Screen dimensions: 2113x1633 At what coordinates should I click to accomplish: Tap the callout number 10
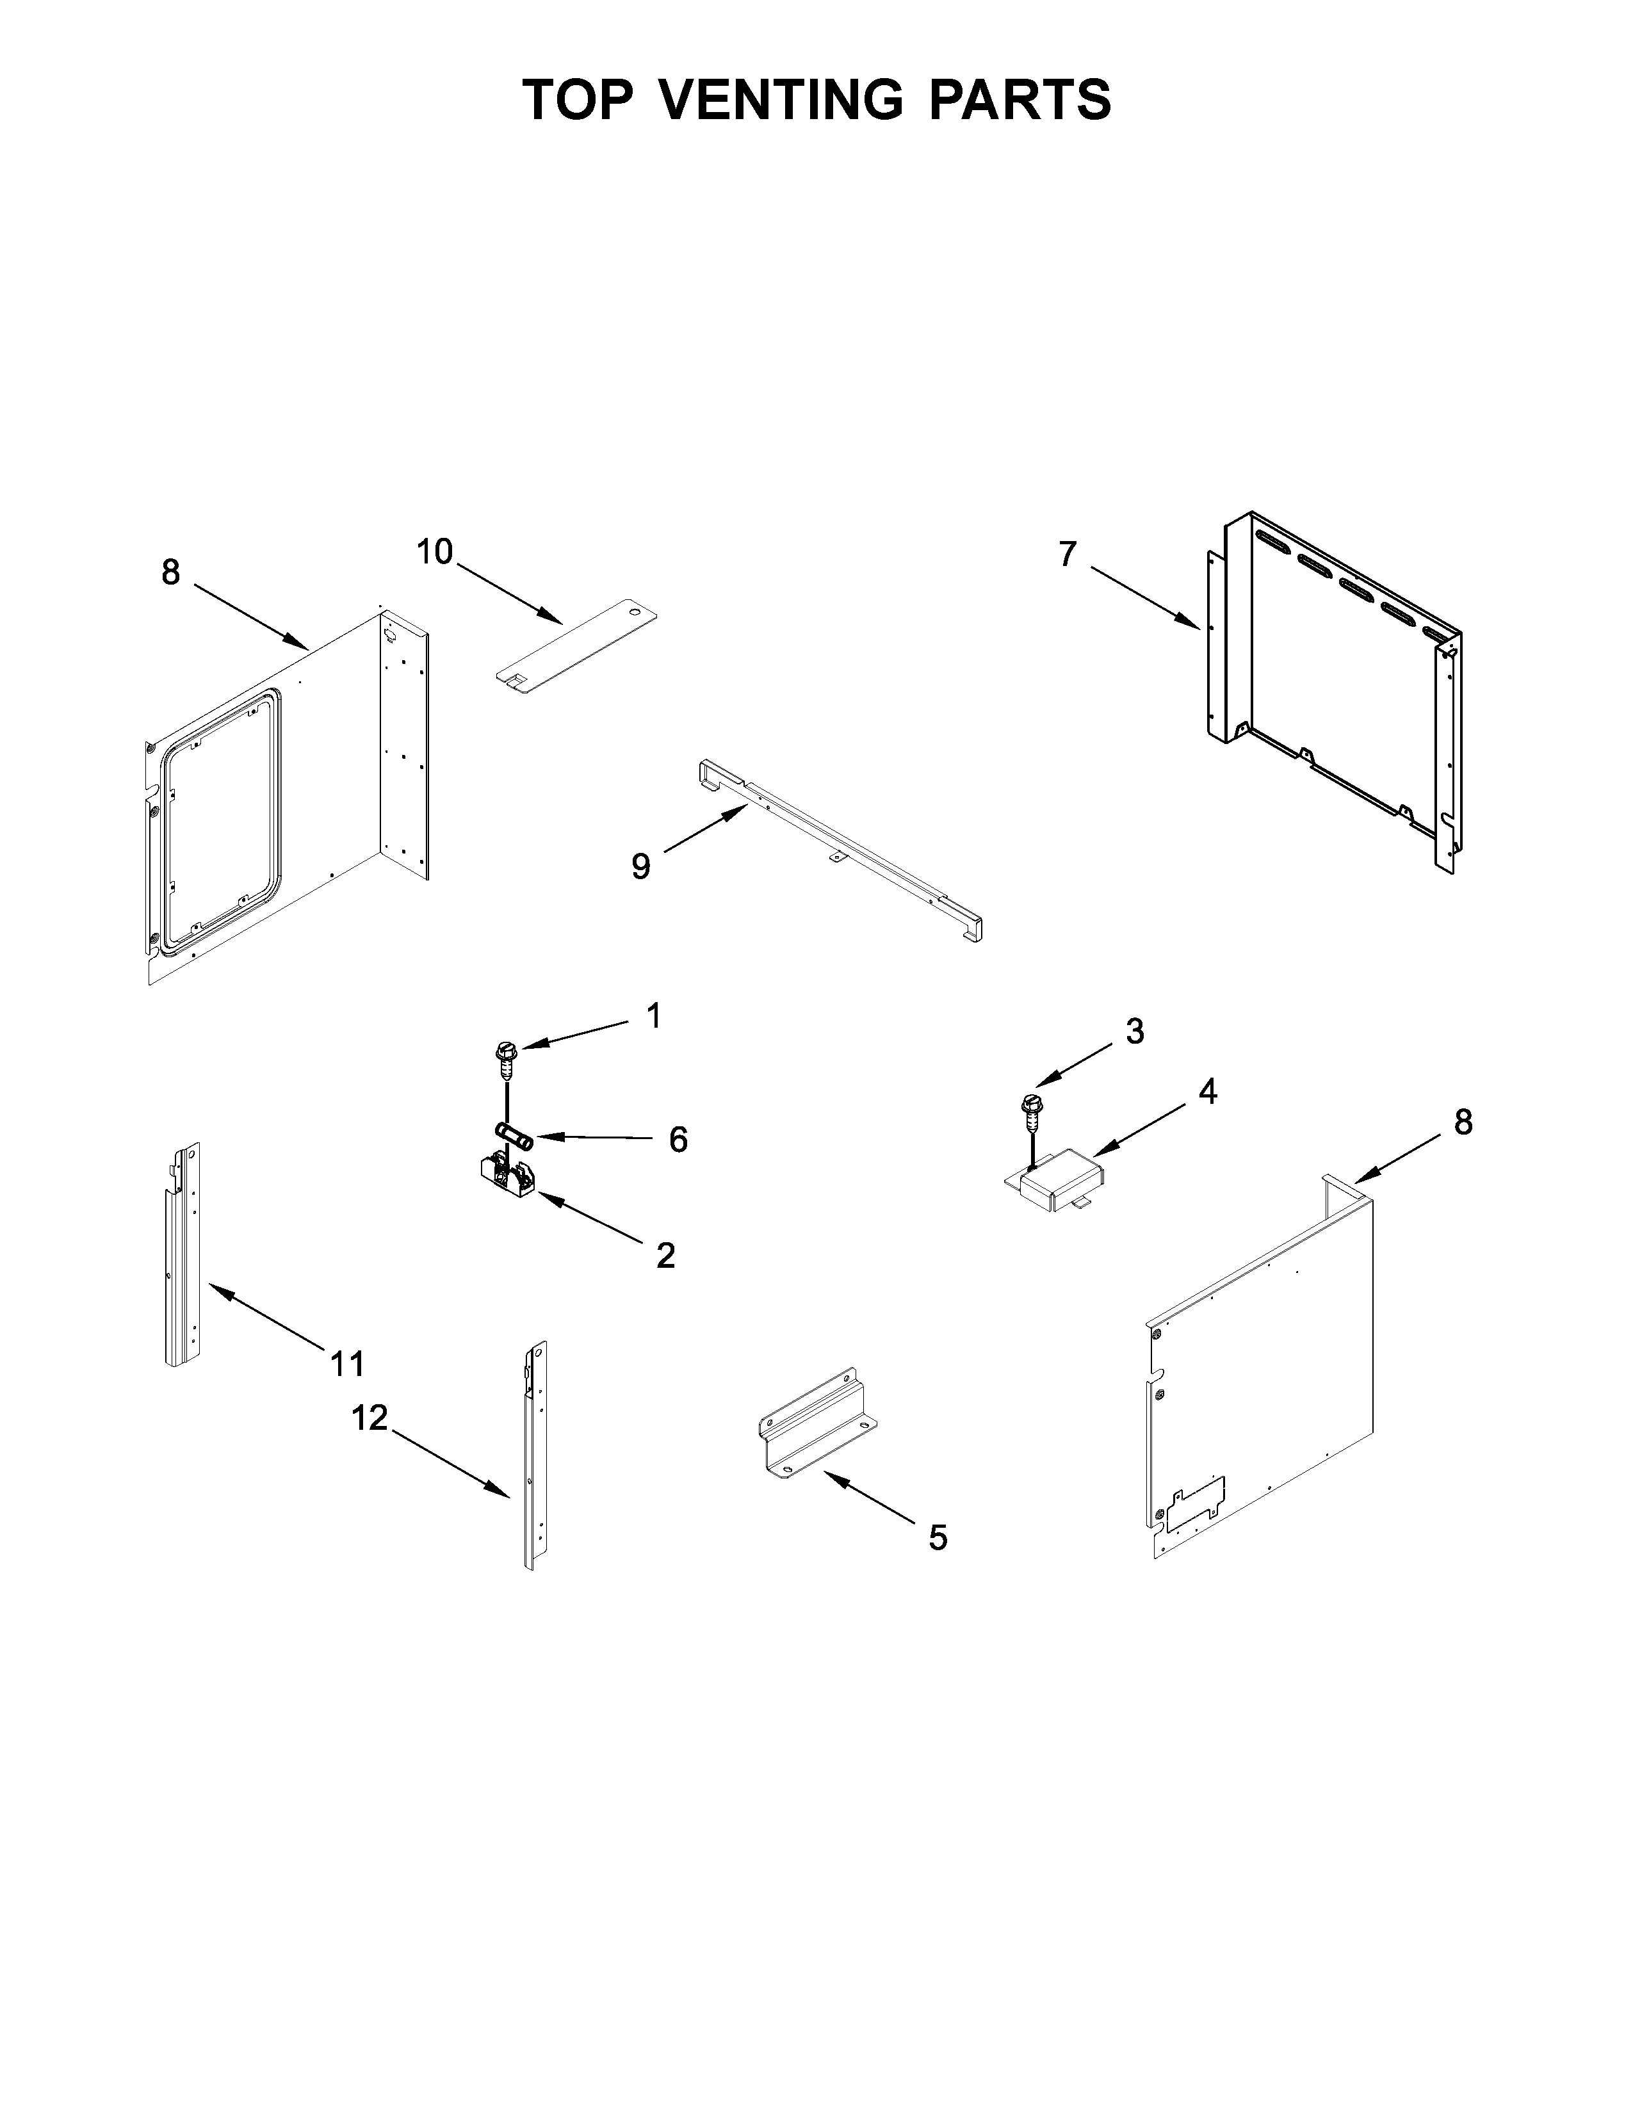pyautogui.click(x=434, y=553)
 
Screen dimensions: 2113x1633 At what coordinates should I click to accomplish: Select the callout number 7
pyautogui.click(x=1067, y=555)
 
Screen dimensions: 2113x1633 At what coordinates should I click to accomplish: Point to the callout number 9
pyautogui.click(x=640, y=866)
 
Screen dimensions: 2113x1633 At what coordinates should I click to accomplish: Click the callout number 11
pyautogui.click(x=347, y=1364)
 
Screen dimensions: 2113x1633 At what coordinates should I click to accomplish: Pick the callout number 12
pyautogui.click(x=370, y=1418)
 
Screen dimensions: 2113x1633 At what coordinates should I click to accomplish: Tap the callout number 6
pyautogui.click(x=678, y=1140)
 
